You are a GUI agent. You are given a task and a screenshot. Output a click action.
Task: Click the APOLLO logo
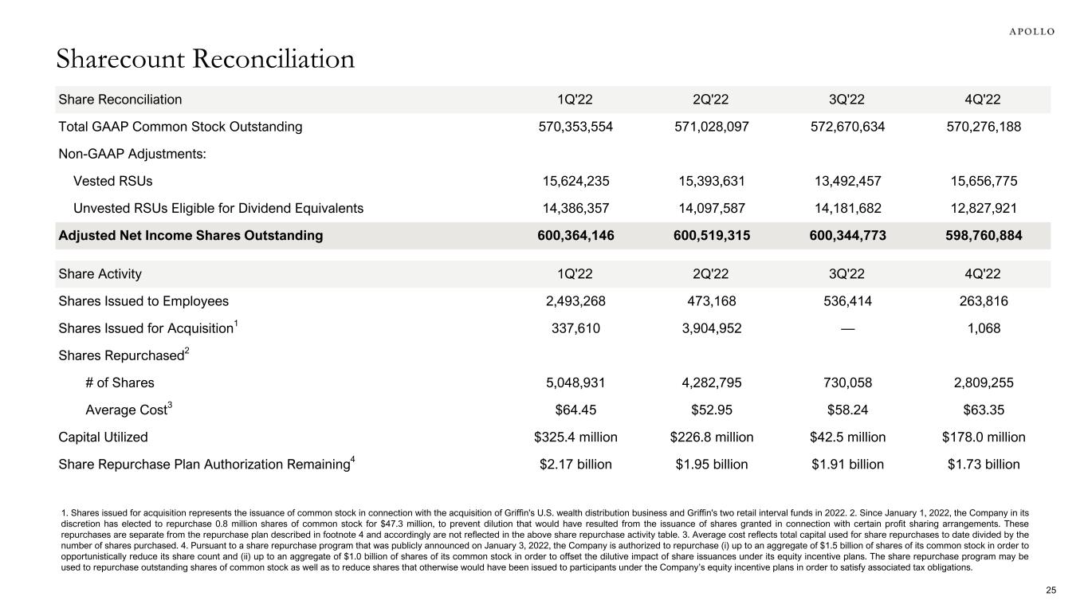(1032, 31)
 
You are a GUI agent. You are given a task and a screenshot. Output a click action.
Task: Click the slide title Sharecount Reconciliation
(205, 58)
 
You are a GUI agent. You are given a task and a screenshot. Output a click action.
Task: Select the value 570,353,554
(576, 127)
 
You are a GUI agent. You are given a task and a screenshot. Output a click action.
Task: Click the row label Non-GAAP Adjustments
(132, 154)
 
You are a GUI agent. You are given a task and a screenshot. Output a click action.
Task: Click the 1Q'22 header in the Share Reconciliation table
(576, 100)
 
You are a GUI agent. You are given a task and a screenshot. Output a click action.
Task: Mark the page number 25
(1051, 590)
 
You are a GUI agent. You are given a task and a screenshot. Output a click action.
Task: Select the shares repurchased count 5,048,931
(576, 382)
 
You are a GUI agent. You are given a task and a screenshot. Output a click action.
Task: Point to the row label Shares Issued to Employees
(143, 301)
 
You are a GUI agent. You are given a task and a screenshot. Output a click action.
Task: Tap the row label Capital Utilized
(103, 437)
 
